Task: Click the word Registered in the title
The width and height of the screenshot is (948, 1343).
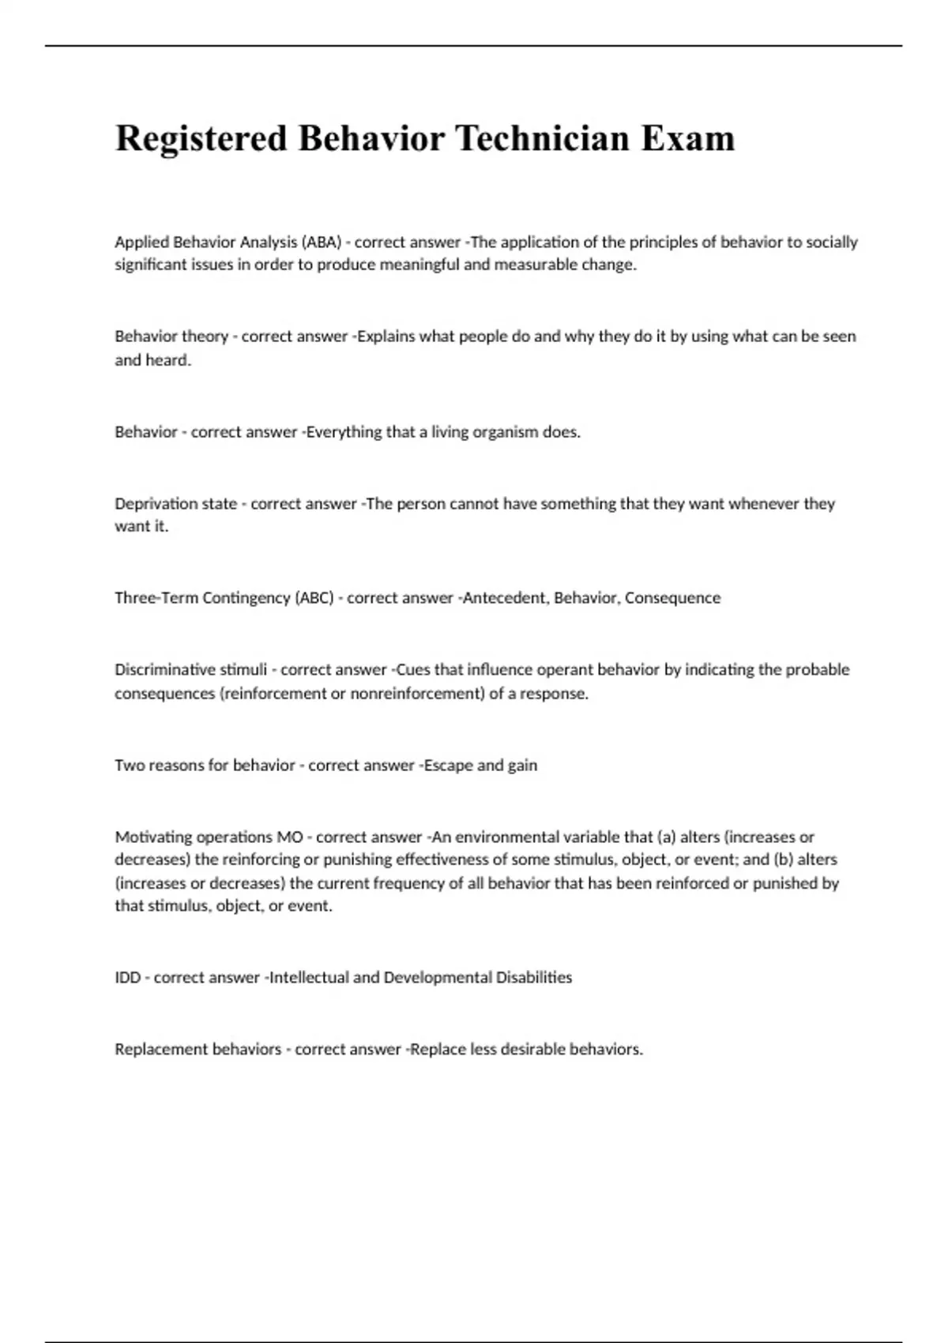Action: pyautogui.click(x=201, y=139)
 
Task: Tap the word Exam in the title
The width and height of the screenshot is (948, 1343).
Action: pyautogui.click(x=688, y=139)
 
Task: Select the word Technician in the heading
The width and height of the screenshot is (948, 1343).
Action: pyautogui.click(x=542, y=139)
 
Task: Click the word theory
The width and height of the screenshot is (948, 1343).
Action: pyautogui.click(x=205, y=337)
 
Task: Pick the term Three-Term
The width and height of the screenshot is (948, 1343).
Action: pyautogui.click(x=156, y=598)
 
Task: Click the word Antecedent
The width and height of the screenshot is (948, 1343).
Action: pyautogui.click(x=505, y=598)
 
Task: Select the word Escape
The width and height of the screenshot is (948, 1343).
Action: pyautogui.click(x=448, y=766)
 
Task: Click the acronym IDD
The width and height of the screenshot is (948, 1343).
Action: pyautogui.click(x=128, y=978)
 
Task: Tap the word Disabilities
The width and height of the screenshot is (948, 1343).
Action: pyautogui.click(x=534, y=978)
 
